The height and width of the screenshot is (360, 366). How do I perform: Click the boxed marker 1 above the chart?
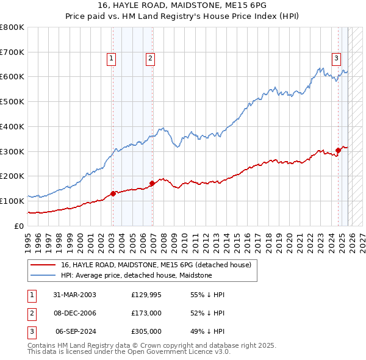[x=112, y=59]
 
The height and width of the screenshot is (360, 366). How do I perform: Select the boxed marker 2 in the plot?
[x=149, y=59]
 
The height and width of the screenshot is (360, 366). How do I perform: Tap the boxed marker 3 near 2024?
[x=336, y=59]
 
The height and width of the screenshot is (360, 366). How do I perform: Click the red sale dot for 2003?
[x=113, y=193]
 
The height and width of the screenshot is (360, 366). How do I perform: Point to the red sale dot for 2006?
[x=152, y=182]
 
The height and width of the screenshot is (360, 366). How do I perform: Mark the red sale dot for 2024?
[x=338, y=150]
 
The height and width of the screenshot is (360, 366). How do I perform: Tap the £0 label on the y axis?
[x=18, y=226]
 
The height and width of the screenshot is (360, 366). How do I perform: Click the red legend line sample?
[x=43, y=265]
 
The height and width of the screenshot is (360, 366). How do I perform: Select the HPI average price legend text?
[x=136, y=275]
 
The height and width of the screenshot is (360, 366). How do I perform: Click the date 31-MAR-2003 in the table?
[x=74, y=295]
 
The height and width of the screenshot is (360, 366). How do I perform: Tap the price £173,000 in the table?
[x=146, y=313]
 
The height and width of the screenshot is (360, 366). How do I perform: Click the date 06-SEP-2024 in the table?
[x=76, y=331]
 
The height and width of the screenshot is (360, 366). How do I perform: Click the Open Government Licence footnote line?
[x=129, y=352]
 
